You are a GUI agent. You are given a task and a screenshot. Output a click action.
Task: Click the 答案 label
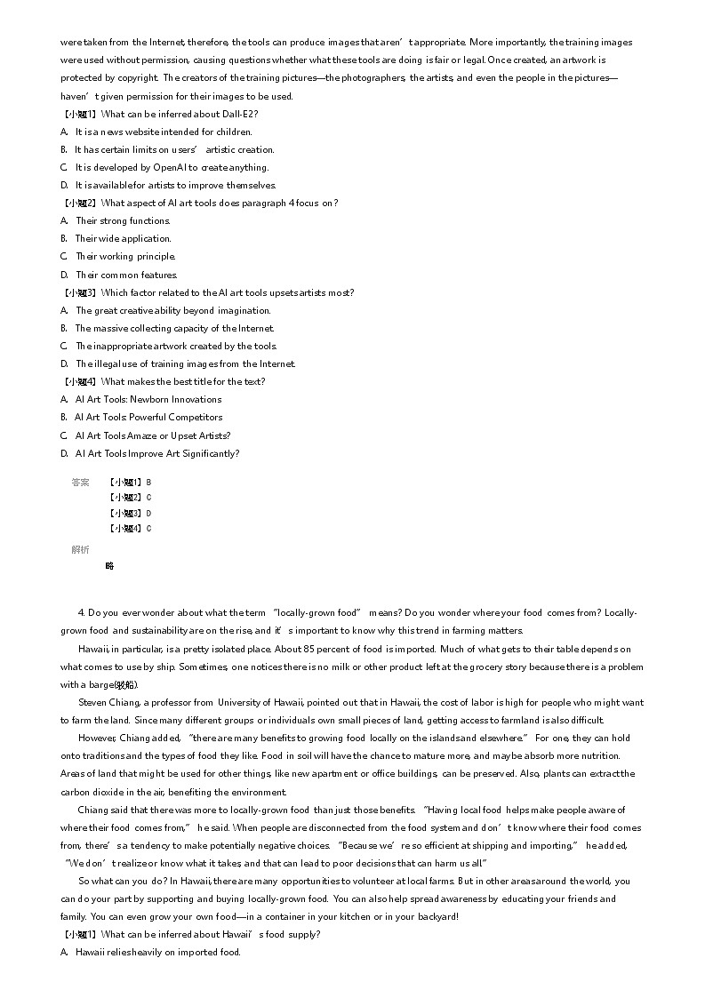point(80,483)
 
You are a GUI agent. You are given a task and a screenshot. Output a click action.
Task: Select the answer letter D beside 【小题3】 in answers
point(148,514)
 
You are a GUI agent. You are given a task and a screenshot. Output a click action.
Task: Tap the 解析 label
point(80,550)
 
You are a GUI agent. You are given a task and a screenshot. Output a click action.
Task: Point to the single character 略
point(109,566)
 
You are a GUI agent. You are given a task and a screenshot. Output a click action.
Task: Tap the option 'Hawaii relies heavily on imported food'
point(157,952)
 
